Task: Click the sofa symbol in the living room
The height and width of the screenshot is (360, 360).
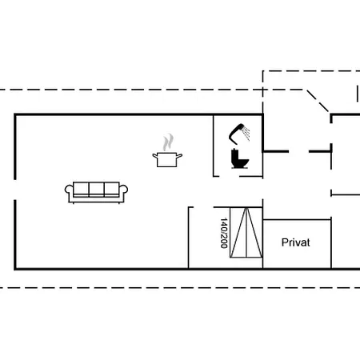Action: click(96, 192)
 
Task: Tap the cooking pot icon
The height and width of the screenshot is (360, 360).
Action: click(167, 160)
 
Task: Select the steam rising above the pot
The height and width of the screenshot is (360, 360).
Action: click(168, 142)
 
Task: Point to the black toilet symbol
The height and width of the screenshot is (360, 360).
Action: click(240, 159)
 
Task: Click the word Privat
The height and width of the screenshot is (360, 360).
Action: click(296, 242)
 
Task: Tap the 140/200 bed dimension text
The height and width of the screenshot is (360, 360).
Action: click(224, 233)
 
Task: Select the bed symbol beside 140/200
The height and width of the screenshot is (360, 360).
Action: click(246, 233)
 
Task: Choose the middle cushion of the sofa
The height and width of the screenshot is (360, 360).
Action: click(96, 190)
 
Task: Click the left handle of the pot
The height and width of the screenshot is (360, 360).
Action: click(155, 156)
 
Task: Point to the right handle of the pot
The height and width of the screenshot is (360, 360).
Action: click(180, 156)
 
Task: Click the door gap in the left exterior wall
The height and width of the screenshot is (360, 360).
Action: click(15, 190)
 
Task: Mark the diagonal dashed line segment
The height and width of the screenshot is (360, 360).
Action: click(318, 101)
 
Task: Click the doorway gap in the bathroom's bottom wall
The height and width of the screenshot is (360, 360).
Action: click(230, 176)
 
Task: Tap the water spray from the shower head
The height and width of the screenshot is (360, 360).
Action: click(246, 133)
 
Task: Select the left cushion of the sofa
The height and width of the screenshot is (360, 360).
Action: click(81, 190)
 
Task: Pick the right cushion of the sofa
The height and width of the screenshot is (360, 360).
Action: click(112, 190)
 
